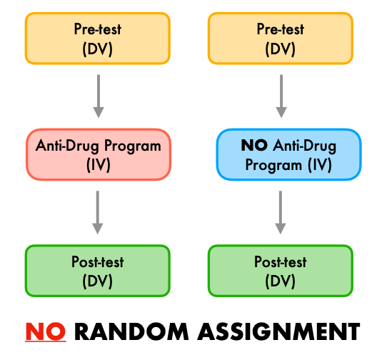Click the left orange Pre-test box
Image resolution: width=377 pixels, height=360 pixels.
98,39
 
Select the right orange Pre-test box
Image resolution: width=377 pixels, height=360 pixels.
279,39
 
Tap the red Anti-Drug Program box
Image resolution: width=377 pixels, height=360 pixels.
98,154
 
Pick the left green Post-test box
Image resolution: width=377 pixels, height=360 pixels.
98,270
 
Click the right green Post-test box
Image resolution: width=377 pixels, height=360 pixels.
281,270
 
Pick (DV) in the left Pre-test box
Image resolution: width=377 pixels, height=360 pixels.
98,48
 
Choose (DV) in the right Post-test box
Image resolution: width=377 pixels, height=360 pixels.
281,280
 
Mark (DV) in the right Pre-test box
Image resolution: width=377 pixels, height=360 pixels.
279,48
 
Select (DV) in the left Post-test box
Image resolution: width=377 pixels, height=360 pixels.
98,280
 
